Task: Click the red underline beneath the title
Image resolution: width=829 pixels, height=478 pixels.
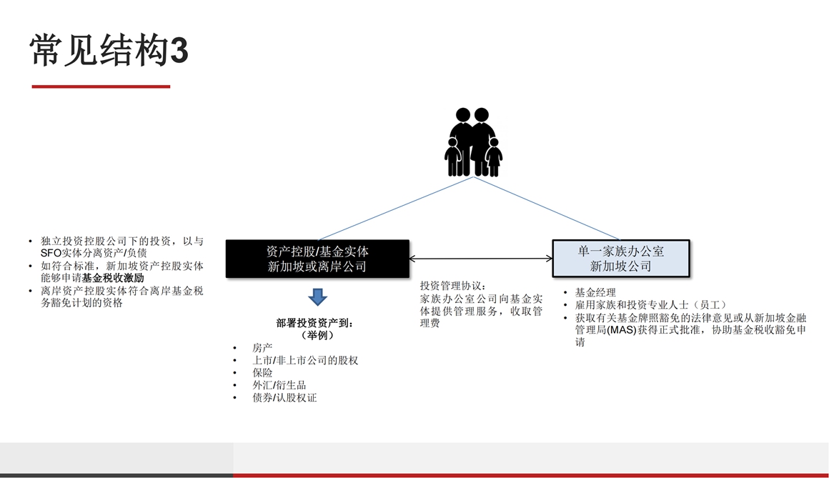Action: tap(101, 86)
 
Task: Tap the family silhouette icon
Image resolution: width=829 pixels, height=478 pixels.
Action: tap(473, 141)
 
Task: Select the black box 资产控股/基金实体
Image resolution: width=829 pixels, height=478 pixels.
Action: tap(317, 259)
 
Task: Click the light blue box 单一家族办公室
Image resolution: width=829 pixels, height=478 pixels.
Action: tap(621, 259)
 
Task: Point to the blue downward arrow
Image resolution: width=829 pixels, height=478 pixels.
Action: tap(317, 297)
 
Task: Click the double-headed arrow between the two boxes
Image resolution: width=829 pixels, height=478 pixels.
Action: tap(480, 259)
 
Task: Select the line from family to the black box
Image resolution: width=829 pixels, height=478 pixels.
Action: tap(395, 209)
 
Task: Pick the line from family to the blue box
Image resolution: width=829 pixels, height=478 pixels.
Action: tap(546, 209)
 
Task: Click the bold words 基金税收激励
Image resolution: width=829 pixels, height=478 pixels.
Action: tap(113, 278)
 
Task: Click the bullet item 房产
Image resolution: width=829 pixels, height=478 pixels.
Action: tap(262, 348)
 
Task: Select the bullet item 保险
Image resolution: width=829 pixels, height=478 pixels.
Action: tap(262, 373)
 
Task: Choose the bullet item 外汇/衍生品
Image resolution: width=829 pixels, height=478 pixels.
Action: tap(279, 385)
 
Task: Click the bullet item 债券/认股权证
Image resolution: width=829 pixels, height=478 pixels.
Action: tap(284, 398)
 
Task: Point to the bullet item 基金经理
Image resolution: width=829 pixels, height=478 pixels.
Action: tap(595, 292)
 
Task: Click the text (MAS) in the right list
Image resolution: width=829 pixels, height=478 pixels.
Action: tap(622, 330)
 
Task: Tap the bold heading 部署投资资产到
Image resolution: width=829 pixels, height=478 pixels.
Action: tap(314, 323)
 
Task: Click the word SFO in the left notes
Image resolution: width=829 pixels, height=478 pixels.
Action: tap(51, 253)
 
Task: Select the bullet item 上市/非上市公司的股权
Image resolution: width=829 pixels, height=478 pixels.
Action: tap(305, 361)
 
